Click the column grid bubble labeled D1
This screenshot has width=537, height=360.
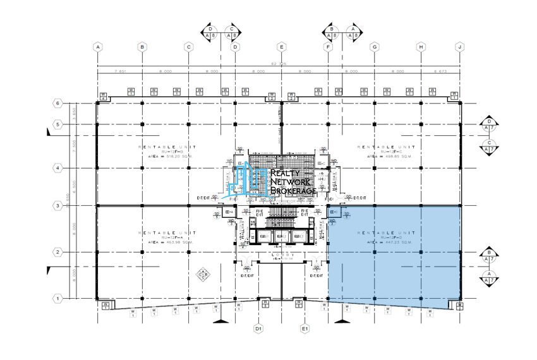[258, 329]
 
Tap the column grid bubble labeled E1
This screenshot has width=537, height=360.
[305, 329]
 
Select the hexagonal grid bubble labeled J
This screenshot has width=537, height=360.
[461, 46]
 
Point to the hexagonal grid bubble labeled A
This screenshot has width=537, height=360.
[97, 46]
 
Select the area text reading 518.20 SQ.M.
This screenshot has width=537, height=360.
[169, 153]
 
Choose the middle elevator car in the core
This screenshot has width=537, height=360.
[282, 236]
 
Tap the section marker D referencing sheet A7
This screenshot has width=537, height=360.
[488, 123]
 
